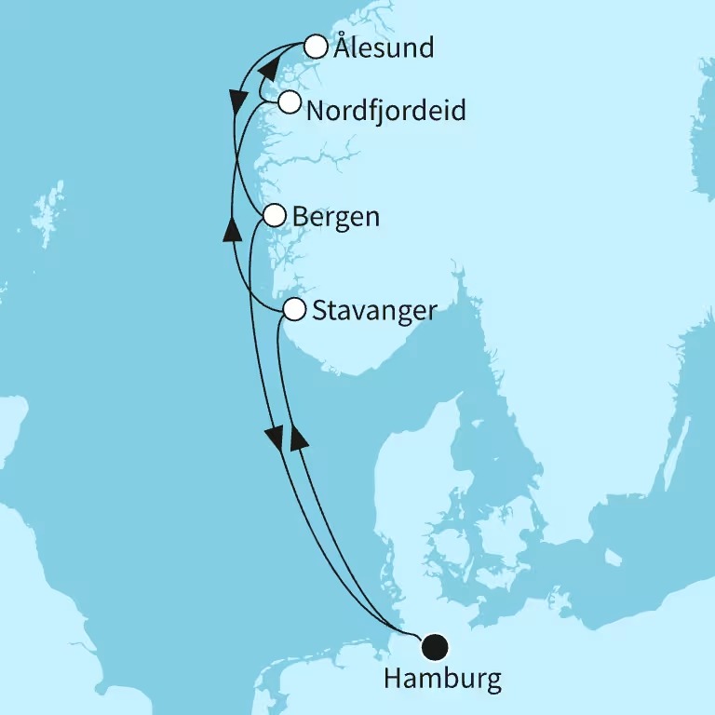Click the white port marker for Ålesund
click(317, 47)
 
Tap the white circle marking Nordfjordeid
click(290, 101)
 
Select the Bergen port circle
click(274, 216)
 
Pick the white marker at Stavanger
click(294, 309)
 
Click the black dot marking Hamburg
click(435, 645)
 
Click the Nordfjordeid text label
click(385, 111)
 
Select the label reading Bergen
click(335, 217)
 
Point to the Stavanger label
click(374, 311)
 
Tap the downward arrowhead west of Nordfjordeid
click(236, 97)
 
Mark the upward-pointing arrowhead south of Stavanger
click(299, 437)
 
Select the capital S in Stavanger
click(319, 310)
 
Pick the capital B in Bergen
click(300, 217)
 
